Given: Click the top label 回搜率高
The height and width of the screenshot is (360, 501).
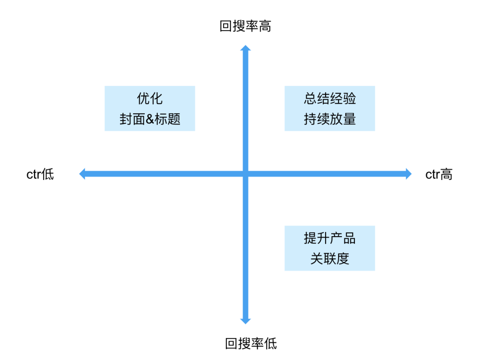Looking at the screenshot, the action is [x=245, y=26].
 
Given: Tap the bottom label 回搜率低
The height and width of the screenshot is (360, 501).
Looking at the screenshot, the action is [x=251, y=344].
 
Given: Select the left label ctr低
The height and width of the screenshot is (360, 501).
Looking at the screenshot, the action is [x=40, y=174].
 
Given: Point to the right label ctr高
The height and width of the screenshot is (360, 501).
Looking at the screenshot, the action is [x=439, y=174].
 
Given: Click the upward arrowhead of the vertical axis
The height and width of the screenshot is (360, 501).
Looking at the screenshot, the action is [x=245, y=48].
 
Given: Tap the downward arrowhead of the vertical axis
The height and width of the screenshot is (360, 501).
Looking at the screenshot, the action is [x=245, y=321].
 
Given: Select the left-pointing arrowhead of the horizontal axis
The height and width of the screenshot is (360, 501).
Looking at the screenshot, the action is [x=82, y=174].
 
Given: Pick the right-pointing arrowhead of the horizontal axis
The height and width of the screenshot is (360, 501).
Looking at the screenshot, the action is [x=409, y=174].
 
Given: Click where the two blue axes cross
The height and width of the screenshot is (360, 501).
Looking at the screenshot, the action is [x=245, y=174].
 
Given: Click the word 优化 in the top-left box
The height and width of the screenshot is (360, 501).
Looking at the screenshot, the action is [x=150, y=98].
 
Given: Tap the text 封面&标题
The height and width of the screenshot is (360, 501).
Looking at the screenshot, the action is [x=150, y=119].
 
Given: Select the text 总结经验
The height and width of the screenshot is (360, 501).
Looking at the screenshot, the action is [x=330, y=98].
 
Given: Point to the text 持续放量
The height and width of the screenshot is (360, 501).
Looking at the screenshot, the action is [x=330, y=119].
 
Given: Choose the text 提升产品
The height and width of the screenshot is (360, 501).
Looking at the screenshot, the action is [x=330, y=238].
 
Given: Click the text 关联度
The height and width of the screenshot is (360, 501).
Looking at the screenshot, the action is [x=330, y=259].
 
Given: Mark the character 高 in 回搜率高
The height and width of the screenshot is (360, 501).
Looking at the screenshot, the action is [x=265, y=26].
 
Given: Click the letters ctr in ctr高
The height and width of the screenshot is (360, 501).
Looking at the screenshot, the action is [x=432, y=175].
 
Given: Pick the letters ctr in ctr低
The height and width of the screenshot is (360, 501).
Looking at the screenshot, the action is [x=33, y=175].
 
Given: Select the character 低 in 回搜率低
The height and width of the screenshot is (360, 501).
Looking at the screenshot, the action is [x=270, y=344].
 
